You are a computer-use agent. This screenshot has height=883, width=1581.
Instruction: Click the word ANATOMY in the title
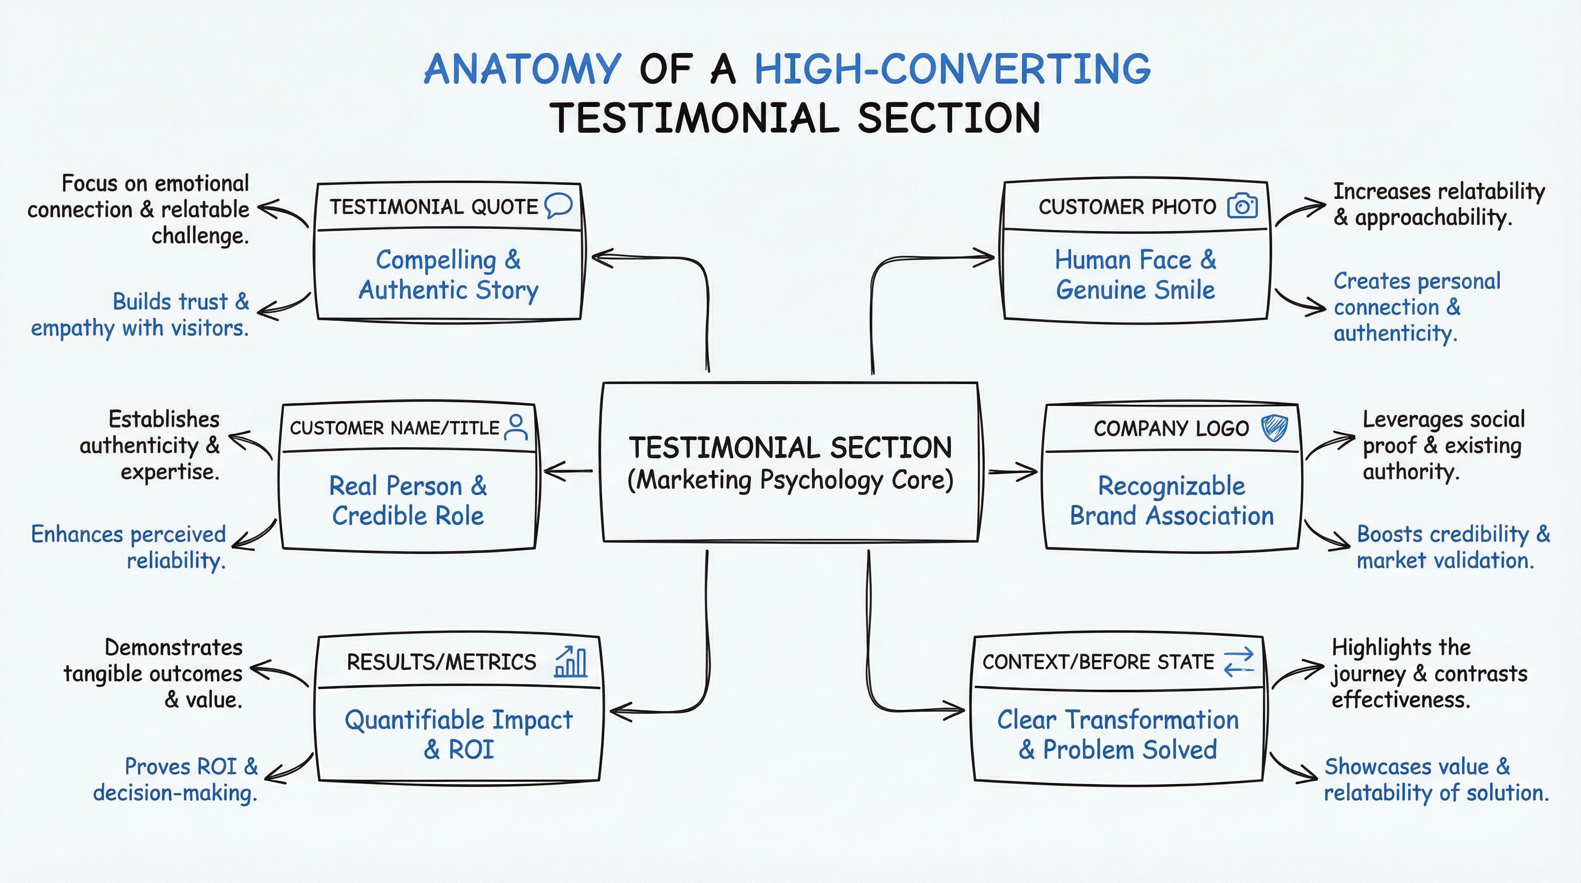click(x=522, y=69)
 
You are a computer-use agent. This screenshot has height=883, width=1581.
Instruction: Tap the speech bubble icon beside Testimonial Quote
click(x=558, y=206)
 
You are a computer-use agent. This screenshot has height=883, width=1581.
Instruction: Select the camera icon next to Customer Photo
click(x=1242, y=206)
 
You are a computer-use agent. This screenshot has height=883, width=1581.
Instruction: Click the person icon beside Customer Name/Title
click(x=515, y=427)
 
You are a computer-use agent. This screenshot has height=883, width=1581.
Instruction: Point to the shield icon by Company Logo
click(x=1274, y=428)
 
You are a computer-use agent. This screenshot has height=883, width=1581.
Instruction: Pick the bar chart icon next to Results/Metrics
click(x=571, y=662)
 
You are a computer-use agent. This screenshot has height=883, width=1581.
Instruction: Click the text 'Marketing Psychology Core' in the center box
click(x=791, y=480)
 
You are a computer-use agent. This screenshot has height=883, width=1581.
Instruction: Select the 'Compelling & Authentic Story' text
click(x=449, y=274)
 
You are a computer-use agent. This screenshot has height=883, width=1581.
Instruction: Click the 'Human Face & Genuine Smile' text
click(x=1135, y=274)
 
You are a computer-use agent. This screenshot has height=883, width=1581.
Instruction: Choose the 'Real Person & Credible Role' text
click(x=408, y=501)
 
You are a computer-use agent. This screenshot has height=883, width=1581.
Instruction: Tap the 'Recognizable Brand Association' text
click(x=1171, y=501)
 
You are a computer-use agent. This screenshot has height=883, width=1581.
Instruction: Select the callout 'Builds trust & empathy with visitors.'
click(x=140, y=314)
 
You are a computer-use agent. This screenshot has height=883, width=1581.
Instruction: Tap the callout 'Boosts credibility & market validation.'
click(x=1453, y=547)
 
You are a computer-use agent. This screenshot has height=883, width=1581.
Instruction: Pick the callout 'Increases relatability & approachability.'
click(x=1439, y=204)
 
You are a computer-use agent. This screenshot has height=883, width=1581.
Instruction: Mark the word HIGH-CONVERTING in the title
click(x=952, y=69)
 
